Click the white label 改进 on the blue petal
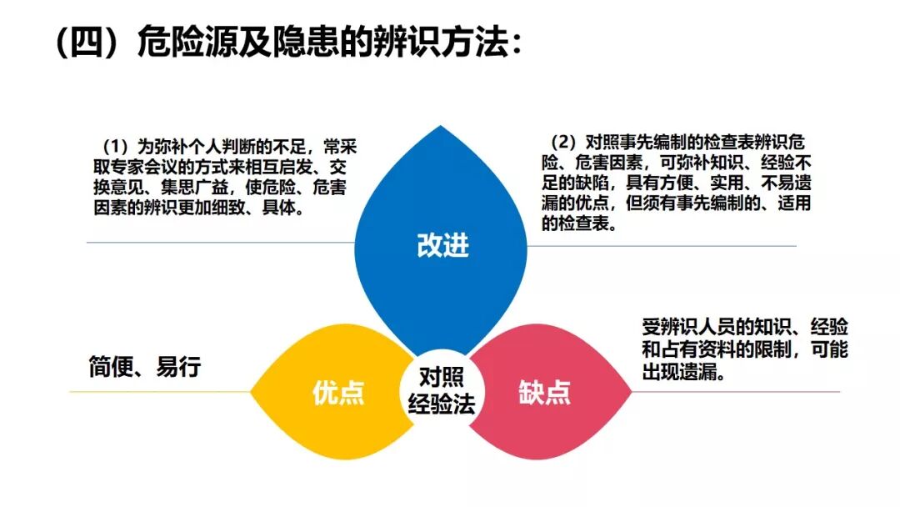442,245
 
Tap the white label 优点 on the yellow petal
338,393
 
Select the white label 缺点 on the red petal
544,393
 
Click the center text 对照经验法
441,389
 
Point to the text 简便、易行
145,367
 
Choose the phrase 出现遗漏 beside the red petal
683,371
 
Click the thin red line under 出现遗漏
750,392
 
